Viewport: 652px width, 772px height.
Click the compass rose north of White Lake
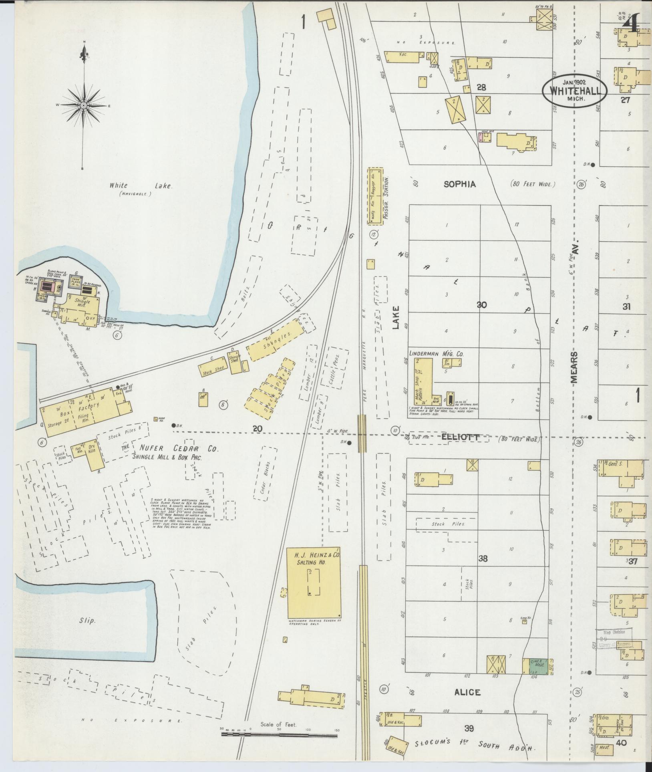click(x=84, y=105)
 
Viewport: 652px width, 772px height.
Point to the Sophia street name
click(x=459, y=184)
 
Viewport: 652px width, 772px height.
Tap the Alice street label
click(x=467, y=692)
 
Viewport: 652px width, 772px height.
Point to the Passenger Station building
click(x=375, y=197)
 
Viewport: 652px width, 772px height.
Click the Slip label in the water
click(x=87, y=621)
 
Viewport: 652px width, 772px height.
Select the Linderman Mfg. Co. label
click(x=436, y=354)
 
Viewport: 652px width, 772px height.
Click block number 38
click(x=483, y=558)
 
